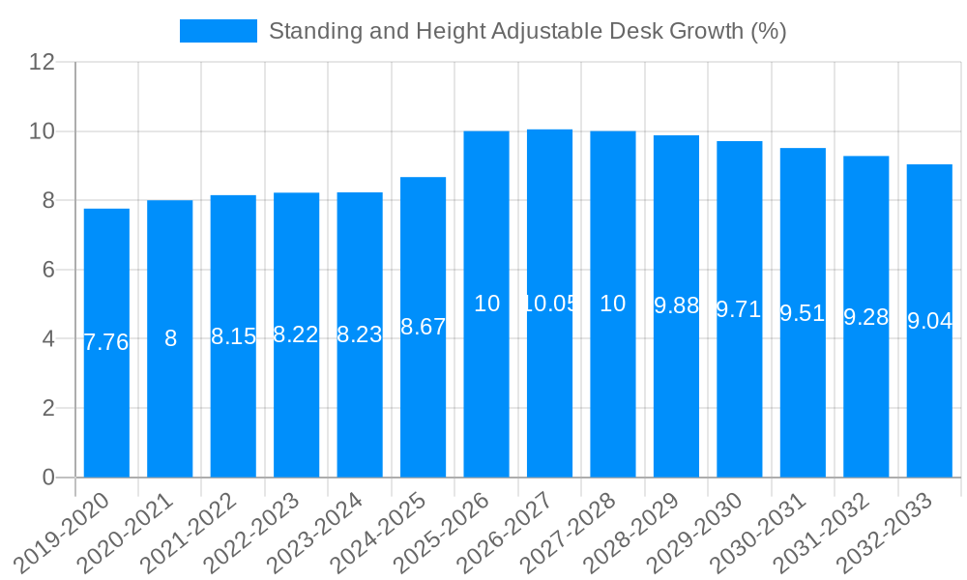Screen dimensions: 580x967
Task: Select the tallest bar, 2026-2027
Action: [549, 387]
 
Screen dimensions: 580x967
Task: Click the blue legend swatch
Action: [218, 31]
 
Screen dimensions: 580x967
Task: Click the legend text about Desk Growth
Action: [527, 31]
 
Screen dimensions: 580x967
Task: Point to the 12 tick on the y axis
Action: [42, 62]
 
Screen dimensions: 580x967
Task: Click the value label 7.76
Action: [106, 342]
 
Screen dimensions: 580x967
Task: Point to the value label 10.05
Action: [549, 304]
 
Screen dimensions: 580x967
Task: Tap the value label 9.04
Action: [929, 322]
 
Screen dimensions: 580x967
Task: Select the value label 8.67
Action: [423, 327]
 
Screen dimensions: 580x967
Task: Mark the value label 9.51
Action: [803, 313]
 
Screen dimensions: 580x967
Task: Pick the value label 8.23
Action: [360, 334]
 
